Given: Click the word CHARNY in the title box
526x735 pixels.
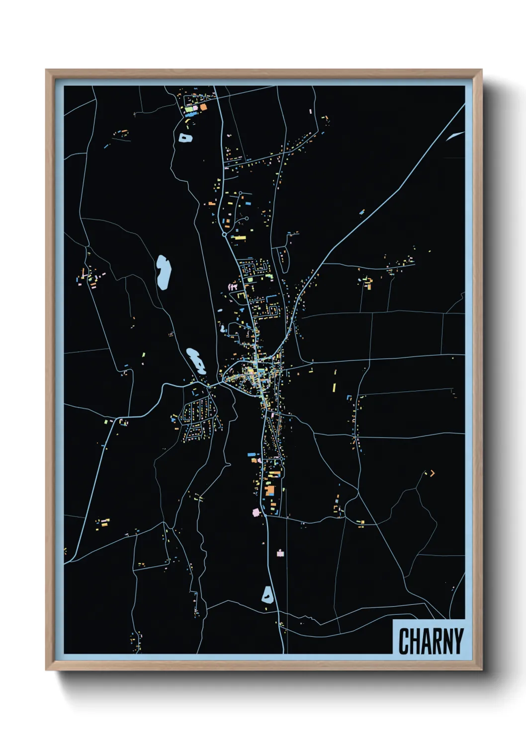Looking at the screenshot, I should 431,641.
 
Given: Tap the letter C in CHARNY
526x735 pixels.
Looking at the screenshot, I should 404,641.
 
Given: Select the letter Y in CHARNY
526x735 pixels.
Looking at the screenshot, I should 458,641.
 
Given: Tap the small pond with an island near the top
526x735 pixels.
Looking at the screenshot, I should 185,138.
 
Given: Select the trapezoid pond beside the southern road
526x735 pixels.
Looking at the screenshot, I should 267,595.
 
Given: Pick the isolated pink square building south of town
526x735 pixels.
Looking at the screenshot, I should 280,553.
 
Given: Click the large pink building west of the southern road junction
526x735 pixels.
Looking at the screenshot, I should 257,512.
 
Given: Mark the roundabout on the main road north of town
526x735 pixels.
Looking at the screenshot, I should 225,234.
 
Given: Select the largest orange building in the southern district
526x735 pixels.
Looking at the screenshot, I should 270,491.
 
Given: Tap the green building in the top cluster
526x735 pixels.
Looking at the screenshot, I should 189,108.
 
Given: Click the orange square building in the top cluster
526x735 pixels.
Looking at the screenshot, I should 203,107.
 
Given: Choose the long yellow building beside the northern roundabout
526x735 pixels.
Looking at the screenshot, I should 240,238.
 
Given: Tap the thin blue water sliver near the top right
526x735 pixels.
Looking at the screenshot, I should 454,136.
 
